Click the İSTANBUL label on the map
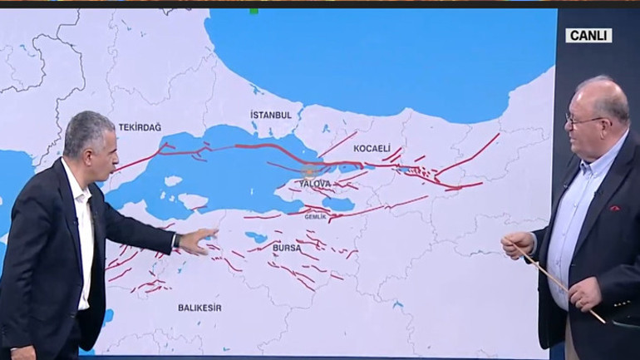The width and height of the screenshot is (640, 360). [x=271, y=114]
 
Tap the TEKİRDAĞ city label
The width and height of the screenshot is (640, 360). [x=140, y=127]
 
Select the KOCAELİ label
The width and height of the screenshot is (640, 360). [x=371, y=148]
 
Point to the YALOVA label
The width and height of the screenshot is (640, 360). [x=315, y=183]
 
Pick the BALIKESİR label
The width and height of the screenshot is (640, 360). [x=199, y=307]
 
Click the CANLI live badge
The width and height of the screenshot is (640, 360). [x=588, y=35]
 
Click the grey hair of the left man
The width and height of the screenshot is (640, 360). [x=87, y=125]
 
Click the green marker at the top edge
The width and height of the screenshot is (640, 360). [x=254, y=11]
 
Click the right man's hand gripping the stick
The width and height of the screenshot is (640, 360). [x=517, y=242]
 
